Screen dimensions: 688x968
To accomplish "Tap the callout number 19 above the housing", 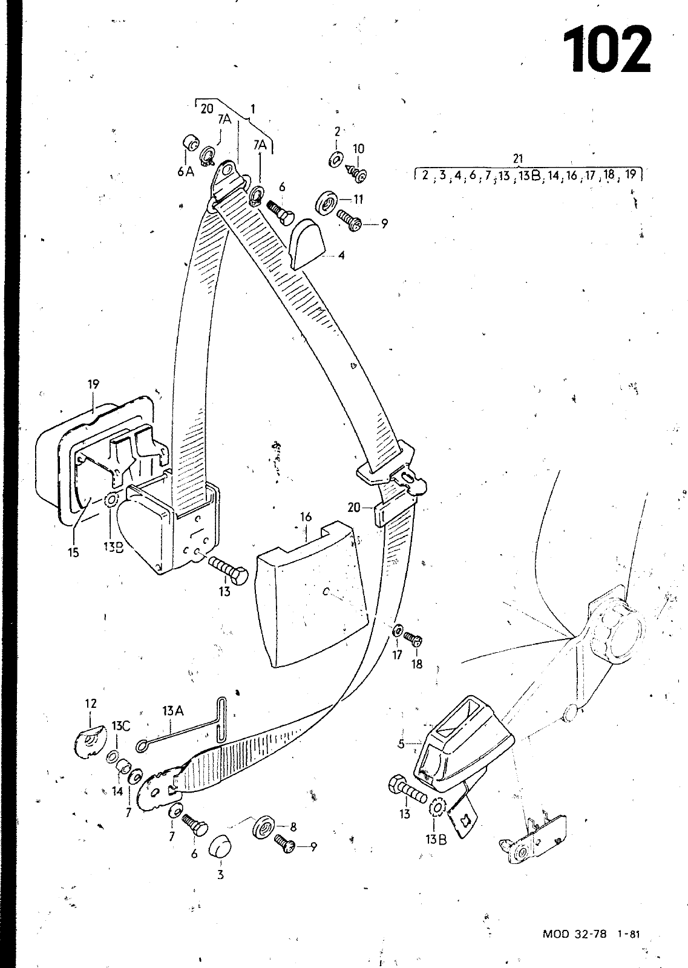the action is pos(93,384).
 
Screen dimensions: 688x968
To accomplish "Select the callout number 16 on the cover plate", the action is pos(306,517).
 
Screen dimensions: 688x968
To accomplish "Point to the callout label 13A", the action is pos(173,710).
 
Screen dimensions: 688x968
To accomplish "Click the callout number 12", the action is pos(91,704).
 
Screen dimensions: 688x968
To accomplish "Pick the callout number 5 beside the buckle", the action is pos(401,744).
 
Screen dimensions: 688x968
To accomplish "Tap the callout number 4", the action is pos(341,255).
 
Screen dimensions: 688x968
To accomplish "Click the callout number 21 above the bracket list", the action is pos(518,159).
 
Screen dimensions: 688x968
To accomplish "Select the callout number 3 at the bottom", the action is pos(220,875).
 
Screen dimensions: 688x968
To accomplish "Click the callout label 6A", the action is pos(185,172).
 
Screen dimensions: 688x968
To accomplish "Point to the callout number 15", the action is pos(73,552).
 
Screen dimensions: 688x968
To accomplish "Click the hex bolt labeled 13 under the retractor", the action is pos(229,572).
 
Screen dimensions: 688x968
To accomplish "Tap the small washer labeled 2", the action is pos(336,160).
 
